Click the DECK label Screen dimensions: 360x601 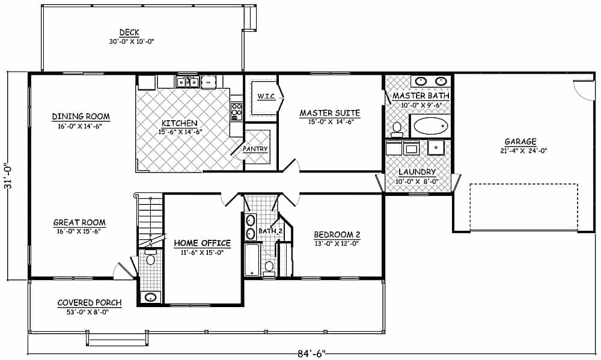point(129,32)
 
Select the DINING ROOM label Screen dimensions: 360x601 point(81,117)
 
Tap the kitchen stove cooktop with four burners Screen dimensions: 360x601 point(236,110)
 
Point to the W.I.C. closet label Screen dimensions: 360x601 point(266,97)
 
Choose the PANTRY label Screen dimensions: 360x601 point(255,149)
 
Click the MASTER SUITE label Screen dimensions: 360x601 point(329,112)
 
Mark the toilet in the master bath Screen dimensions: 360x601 point(397,128)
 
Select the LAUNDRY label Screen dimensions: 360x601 point(417,172)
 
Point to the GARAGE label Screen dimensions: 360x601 point(520,142)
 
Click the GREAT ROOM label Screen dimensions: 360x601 point(79,222)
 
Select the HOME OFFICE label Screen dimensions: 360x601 point(202,243)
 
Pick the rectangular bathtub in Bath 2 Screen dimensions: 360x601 point(252,259)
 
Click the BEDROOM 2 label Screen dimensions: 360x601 point(337,234)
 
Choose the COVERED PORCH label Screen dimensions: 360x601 point(89,303)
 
